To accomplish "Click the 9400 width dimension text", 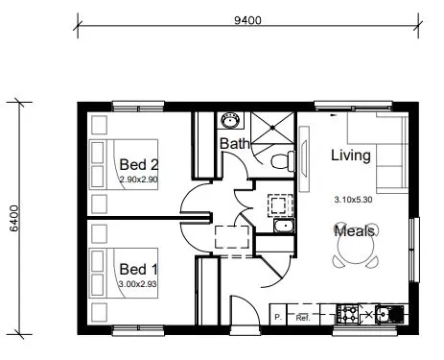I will [x=246, y=18].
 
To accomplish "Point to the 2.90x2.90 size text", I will [x=140, y=180].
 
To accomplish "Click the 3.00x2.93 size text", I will [x=140, y=283].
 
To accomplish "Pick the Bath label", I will [x=235, y=144].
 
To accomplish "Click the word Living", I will [x=350, y=155].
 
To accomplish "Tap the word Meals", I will [x=354, y=230].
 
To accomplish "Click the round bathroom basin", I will [x=230, y=121].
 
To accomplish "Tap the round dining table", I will [x=355, y=252].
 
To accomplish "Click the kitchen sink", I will [x=391, y=313].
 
